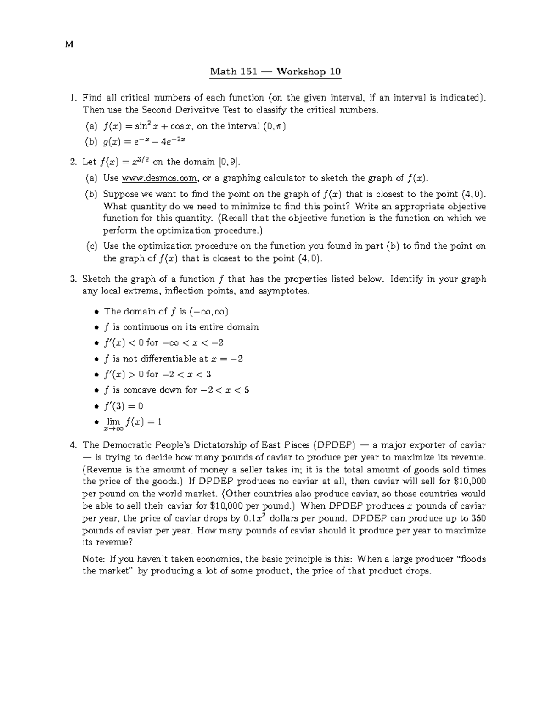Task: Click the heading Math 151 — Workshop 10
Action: click(x=275, y=72)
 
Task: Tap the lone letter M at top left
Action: click(x=69, y=45)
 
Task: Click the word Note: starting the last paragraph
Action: click(x=94, y=559)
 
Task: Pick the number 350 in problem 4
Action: click(x=478, y=518)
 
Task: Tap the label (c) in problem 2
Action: click(x=92, y=246)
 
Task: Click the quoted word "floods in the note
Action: click(x=472, y=559)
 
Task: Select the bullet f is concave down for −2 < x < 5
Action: click(x=177, y=390)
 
